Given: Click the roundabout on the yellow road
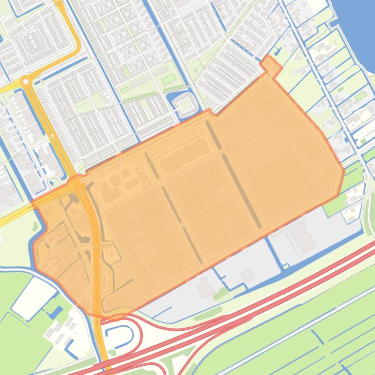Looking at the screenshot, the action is pyautogui.click(x=26, y=81).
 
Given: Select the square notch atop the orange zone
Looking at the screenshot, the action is pyautogui.click(x=270, y=66).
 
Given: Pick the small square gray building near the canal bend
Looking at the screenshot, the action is pyautogui.click(x=247, y=275).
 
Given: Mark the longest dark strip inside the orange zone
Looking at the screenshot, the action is pyautogui.click(x=241, y=190).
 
